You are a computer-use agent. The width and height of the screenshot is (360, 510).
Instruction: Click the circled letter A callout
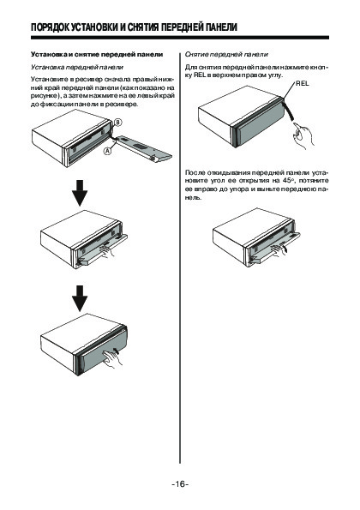(x=108, y=151)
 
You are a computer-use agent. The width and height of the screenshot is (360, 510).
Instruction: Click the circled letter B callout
(x=117, y=123)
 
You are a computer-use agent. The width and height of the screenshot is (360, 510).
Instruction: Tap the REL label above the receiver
(x=303, y=84)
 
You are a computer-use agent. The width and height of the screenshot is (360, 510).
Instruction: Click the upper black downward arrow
(x=80, y=193)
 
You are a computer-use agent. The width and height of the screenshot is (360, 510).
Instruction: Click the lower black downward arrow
(x=80, y=298)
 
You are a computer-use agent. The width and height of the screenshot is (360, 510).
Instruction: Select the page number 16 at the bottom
(x=180, y=484)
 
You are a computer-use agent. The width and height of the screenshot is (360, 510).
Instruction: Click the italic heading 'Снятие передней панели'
(x=226, y=55)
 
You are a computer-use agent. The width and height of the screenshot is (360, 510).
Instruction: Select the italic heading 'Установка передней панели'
(x=77, y=68)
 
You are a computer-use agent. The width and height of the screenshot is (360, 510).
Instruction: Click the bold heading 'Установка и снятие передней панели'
(x=97, y=54)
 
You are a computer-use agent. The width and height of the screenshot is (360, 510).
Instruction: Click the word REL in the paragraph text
(x=200, y=75)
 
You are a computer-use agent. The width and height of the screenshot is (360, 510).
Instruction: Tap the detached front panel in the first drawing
(x=144, y=148)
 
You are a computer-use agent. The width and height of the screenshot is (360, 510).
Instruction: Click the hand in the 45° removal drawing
(x=279, y=249)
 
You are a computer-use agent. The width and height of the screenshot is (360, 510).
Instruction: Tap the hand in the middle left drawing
(x=107, y=251)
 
